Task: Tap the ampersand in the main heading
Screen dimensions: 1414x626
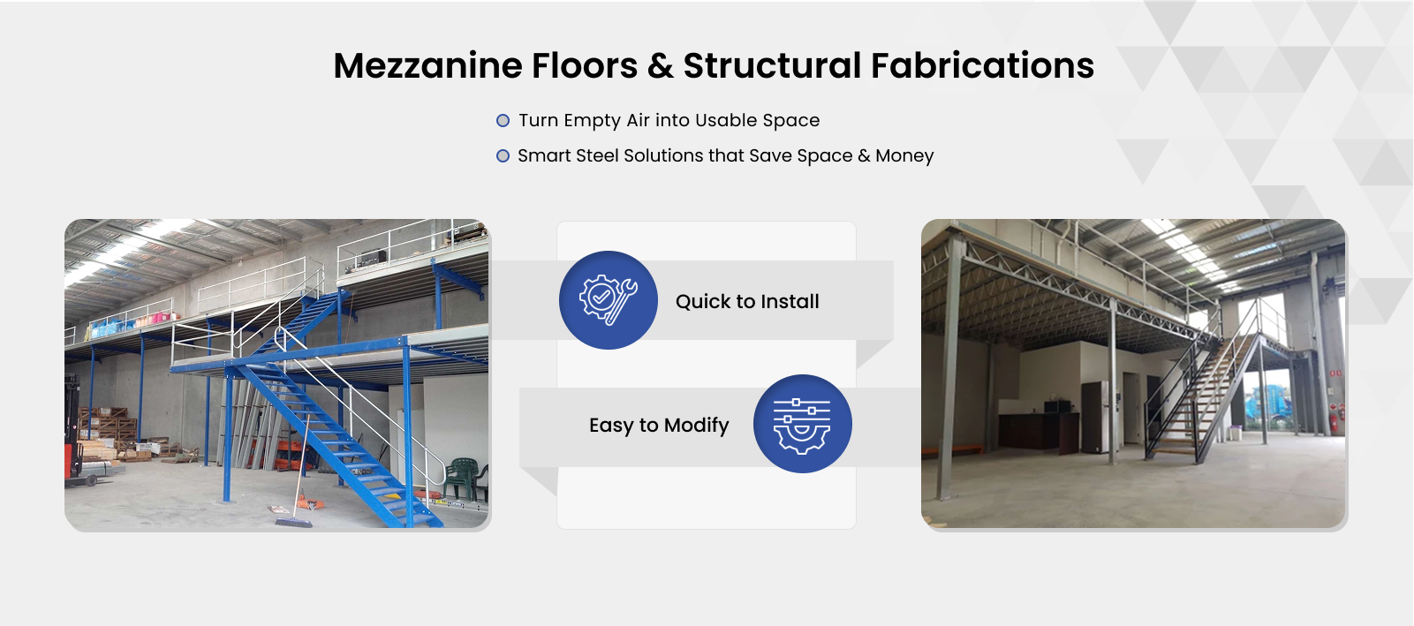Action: coord(661,65)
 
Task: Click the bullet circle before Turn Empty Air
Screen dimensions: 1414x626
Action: coord(503,121)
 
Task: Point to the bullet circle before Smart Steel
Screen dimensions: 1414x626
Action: coord(503,156)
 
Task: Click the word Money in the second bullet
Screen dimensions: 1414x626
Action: coord(904,156)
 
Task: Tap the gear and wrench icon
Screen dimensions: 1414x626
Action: coord(609,300)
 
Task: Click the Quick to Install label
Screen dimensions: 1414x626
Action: coord(747,302)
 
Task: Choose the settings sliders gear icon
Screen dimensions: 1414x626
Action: coord(802,424)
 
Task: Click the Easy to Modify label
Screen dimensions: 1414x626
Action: coord(659,426)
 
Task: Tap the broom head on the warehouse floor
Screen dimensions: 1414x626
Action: coord(293,522)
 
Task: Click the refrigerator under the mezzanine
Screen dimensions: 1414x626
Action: coord(1094,417)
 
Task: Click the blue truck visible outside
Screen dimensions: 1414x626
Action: coord(1269,407)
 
